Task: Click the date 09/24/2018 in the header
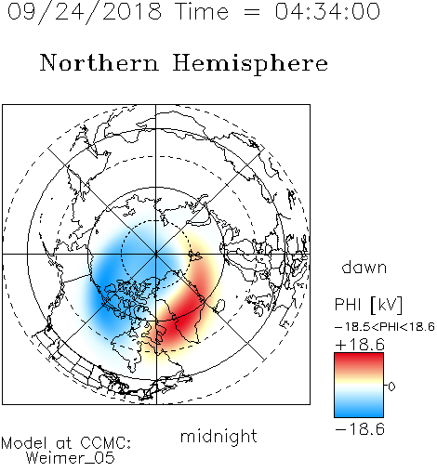click(x=85, y=12)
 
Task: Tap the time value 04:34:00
click(x=327, y=11)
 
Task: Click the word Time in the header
click(x=202, y=11)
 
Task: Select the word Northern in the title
click(x=99, y=62)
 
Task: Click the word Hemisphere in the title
click(x=250, y=64)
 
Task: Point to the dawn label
click(x=364, y=267)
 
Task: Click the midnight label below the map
click(x=218, y=437)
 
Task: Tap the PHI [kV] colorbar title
click(x=368, y=305)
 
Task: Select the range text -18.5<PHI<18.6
click(x=385, y=327)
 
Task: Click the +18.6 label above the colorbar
click(x=360, y=345)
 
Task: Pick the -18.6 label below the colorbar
click(x=360, y=429)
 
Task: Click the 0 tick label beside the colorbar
click(x=391, y=387)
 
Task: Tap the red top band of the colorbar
click(x=359, y=360)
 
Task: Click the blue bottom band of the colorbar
click(x=359, y=411)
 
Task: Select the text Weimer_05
click(x=71, y=458)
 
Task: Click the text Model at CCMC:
click(x=66, y=443)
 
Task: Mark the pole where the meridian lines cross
click(x=156, y=255)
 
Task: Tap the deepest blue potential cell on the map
click(x=107, y=277)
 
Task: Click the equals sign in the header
click(x=252, y=12)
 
